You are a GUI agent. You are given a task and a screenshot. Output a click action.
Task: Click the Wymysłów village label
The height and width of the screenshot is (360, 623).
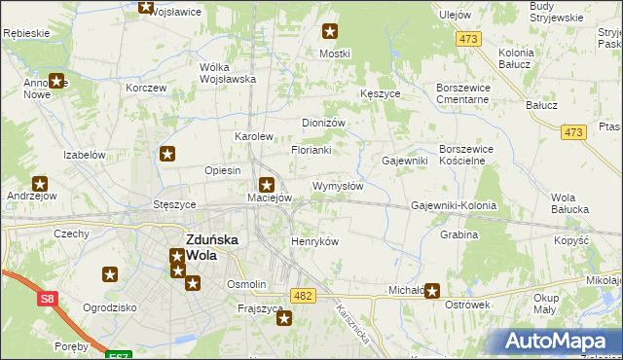coord(338,186)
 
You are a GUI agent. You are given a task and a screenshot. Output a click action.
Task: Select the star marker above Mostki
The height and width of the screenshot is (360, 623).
coord(330,31)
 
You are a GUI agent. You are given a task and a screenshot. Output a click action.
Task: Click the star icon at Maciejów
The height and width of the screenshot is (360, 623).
coord(267,183)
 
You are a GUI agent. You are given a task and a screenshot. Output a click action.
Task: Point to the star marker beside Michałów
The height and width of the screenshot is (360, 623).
coord(431,290)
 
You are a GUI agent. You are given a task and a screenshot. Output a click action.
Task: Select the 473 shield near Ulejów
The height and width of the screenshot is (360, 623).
coord(470,39)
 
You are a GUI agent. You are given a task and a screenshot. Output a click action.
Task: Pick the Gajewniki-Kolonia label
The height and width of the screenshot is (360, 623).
coord(454,206)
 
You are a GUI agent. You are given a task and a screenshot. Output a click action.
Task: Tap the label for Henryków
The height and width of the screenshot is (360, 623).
coord(314,241)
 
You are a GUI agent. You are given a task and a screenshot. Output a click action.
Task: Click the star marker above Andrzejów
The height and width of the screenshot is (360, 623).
coord(40,183)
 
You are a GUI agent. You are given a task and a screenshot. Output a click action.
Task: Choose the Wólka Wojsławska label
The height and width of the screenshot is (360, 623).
coord(227,73)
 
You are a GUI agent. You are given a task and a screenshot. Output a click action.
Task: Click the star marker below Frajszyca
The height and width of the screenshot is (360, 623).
coord(284,316)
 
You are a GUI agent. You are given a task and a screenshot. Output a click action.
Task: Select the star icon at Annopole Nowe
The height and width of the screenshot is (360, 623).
coord(56,83)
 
